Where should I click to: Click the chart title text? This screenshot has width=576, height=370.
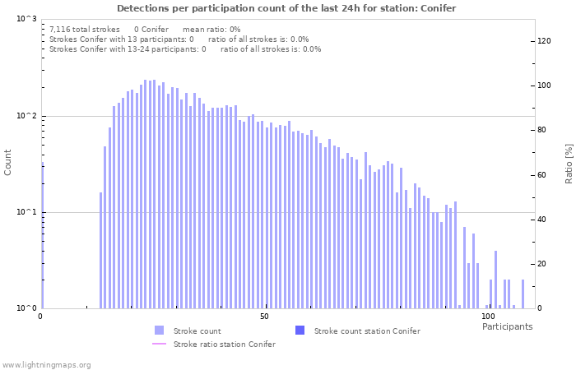[x=286, y=8]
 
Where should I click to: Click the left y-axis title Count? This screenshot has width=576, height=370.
[x=8, y=163]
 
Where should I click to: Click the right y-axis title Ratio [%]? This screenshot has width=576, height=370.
[x=568, y=163]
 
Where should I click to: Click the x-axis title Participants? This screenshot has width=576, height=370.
[x=507, y=326]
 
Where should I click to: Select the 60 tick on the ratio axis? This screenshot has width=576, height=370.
[x=543, y=175]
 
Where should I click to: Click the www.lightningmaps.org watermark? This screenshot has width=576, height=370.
[x=46, y=364]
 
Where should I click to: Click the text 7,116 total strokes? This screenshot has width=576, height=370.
[x=84, y=29]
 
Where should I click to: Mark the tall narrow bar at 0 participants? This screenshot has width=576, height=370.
[x=42, y=238]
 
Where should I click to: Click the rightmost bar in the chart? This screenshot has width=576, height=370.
[x=523, y=294]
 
